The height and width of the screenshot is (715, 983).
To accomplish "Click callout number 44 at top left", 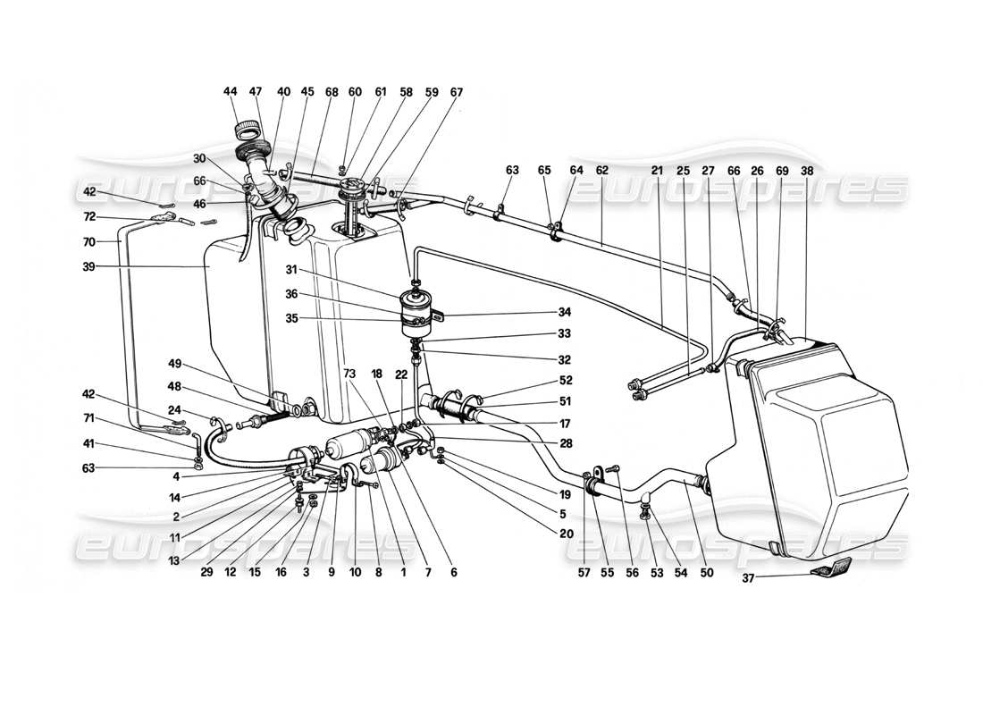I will (231, 92).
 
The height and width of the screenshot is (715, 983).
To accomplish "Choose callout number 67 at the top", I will (457, 92).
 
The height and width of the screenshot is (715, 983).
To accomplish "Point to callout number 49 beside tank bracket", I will (175, 365).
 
